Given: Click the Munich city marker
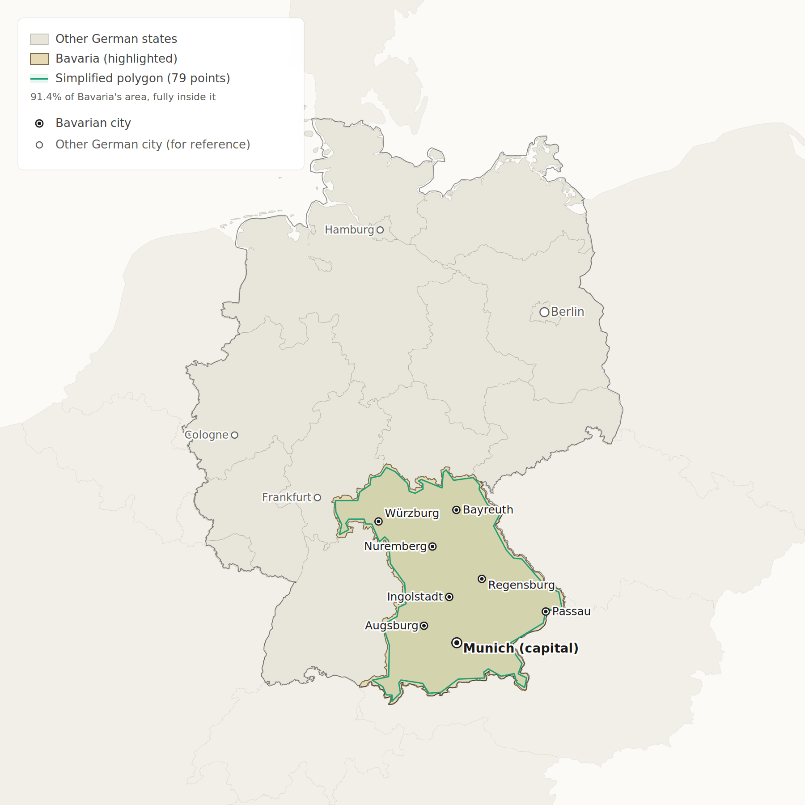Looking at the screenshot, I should [457, 643].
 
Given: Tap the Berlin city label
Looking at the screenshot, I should [567, 312].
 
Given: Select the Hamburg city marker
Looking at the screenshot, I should [380, 230].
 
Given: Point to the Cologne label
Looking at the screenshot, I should [207, 435].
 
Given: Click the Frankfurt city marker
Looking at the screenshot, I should [318, 497].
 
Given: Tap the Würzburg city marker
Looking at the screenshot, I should [378, 521].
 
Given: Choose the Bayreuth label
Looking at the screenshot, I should [487, 510].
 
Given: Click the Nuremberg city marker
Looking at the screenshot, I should [432, 547].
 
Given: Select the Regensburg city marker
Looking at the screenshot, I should [482, 579].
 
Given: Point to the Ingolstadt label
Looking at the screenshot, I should [415, 597].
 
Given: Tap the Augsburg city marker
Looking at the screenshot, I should [424, 626].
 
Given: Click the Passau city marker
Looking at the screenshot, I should [546, 611].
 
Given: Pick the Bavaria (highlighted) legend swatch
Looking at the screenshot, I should [39, 59].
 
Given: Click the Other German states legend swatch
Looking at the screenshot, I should [39, 39].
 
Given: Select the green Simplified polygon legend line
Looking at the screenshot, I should [39, 79].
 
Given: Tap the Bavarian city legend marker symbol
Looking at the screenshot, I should [39, 123].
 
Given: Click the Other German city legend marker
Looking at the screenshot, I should [39, 145].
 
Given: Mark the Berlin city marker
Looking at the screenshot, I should [544, 312].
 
